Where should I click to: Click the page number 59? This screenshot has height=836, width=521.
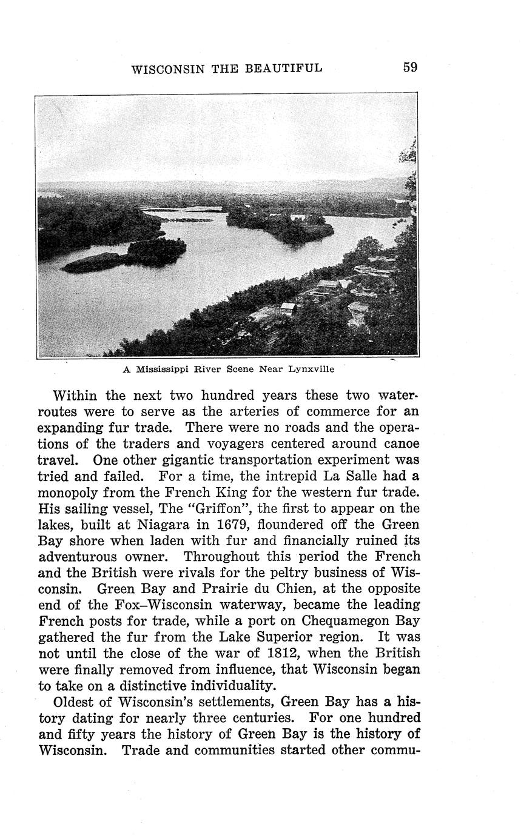(x=410, y=67)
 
